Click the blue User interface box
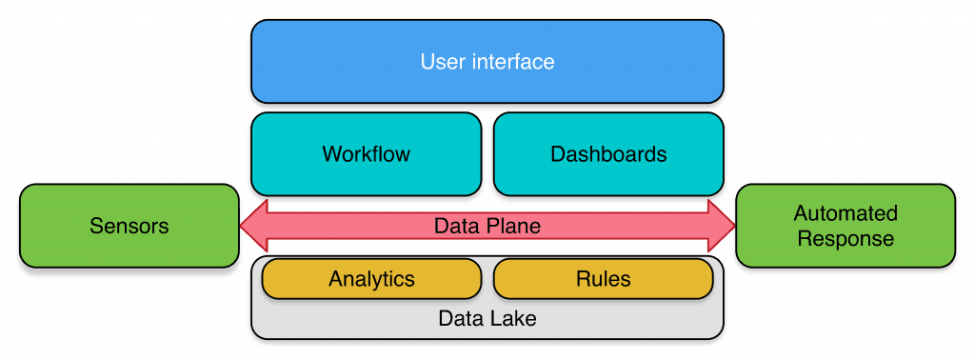487,61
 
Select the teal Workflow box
366,153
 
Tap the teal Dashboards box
608,153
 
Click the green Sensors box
129,226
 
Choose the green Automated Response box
846,226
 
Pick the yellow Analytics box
371,279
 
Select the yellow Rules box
603,279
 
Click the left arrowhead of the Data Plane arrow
253,227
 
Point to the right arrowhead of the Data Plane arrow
721,227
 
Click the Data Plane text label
487,227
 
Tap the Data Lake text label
487,318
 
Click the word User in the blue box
442,62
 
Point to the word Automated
846,213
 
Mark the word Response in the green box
846,238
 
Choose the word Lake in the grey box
514,318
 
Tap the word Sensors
129,226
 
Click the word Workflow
366,153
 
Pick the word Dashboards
608,153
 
